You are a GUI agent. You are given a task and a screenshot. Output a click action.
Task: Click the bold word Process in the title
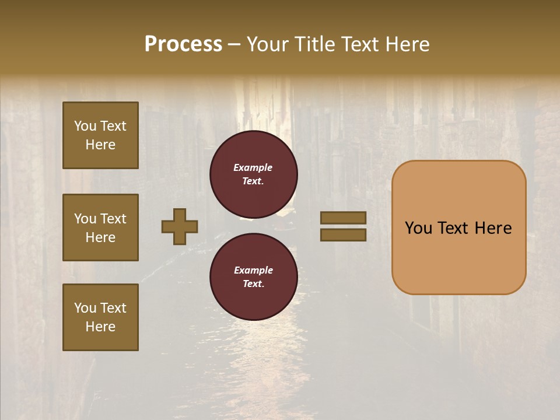tap(183, 44)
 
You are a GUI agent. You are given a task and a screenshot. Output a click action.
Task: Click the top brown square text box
tap(100, 135)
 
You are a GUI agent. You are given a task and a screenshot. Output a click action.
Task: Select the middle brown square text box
tap(100, 228)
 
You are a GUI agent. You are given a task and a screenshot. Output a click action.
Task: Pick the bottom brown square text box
tap(100, 317)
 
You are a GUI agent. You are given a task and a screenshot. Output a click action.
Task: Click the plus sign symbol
tap(180, 226)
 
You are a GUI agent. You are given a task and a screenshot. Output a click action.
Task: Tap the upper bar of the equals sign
tap(343, 218)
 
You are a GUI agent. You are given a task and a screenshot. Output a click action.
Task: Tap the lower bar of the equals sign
tap(343, 235)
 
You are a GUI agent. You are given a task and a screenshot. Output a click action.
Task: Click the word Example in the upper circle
tap(253, 167)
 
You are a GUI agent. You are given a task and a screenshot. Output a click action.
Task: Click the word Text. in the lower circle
tap(253, 283)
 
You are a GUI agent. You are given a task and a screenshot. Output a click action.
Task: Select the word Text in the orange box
tap(459, 228)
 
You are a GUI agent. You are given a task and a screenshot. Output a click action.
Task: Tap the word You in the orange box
tap(419, 228)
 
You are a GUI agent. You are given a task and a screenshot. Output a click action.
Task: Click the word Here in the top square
tap(100, 145)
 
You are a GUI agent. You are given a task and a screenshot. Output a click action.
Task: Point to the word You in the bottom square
tap(85, 308)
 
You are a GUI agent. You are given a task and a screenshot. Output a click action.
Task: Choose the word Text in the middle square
tap(113, 219)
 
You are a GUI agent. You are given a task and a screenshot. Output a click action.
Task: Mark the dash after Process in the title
tap(235, 44)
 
